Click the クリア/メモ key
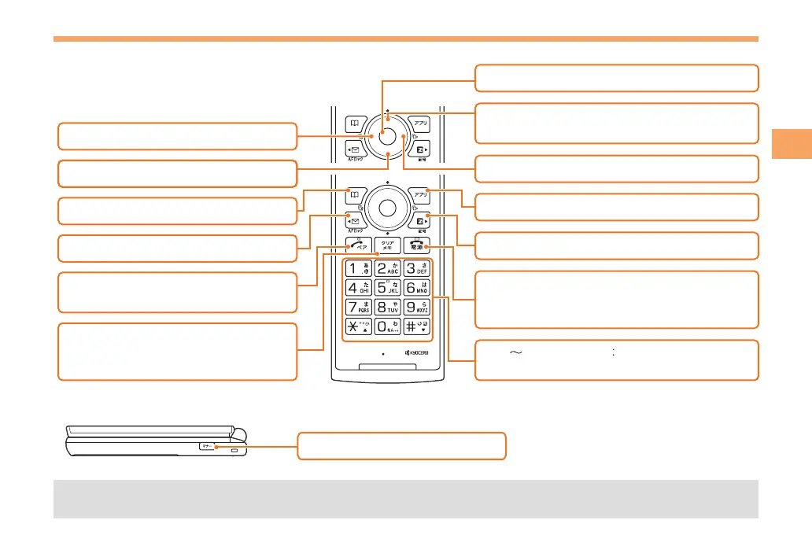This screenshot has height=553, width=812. tap(388, 244)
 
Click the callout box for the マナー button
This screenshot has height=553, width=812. tap(401, 446)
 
